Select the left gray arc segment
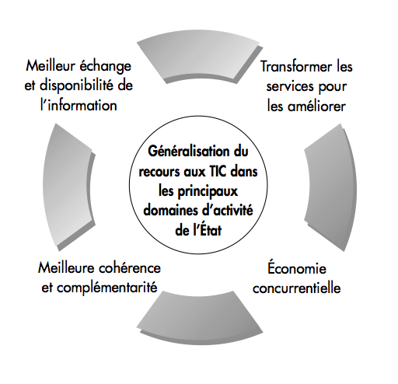[x=68, y=187]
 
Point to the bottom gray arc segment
[x=200, y=317]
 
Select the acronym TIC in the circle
[x=217, y=172]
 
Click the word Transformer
[x=296, y=67]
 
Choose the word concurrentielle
[x=297, y=288]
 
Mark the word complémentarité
[x=106, y=288]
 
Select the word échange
[x=105, y=66]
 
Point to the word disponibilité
[x=75, y=86]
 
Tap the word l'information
[x=79, y=106]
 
